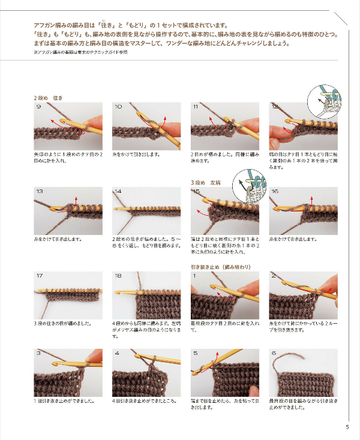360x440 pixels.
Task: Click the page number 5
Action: pos(347,427)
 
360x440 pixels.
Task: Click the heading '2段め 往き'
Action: pos(49,97)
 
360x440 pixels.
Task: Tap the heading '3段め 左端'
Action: pos(205,182)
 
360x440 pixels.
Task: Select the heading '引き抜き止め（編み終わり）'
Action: pos(220,267)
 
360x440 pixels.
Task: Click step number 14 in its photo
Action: pos(118,191)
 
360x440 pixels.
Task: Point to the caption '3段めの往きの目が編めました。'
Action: pos(62,323)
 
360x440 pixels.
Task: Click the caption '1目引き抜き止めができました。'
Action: pos(64,400)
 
